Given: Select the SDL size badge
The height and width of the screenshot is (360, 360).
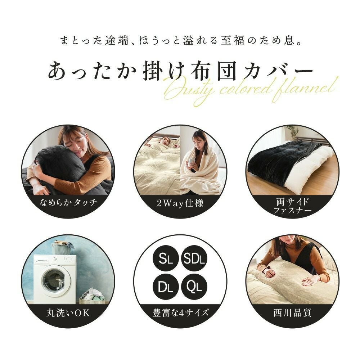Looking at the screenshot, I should click(x=194, y=258).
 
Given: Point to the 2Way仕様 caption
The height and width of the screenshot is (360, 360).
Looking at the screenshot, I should click(x=180, y=203).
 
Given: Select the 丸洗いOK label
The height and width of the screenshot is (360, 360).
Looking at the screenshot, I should click(x=68, y=312).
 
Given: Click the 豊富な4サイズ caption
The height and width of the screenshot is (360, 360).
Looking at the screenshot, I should click(x=180, y=312).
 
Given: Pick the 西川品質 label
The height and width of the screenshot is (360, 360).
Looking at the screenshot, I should click(x=292, y=312).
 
